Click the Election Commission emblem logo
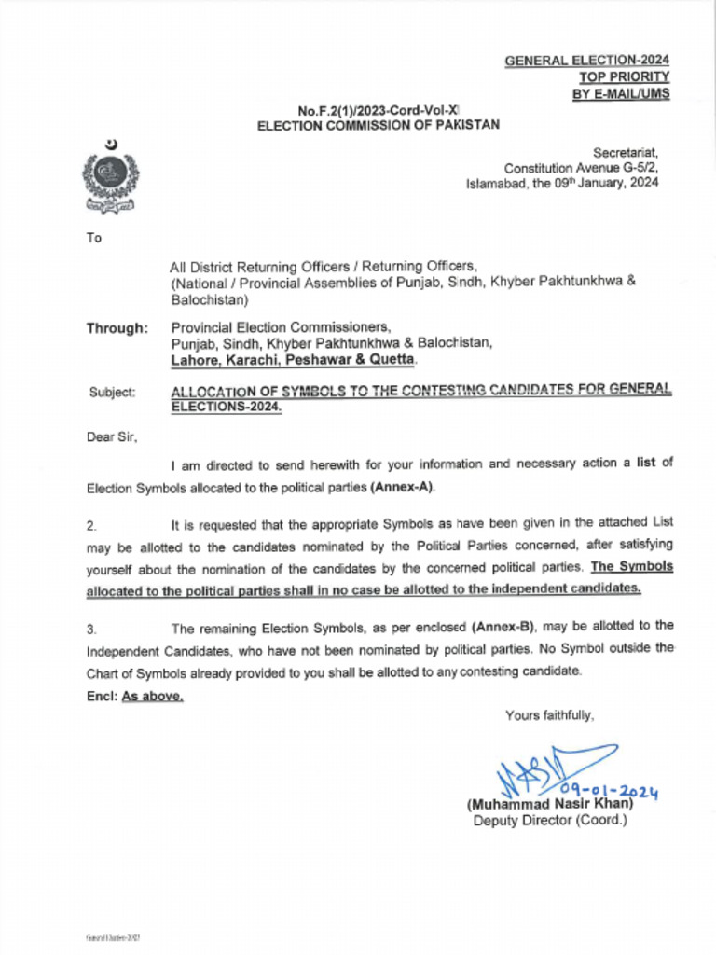tap(110, 176)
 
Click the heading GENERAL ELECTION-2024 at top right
tap(586, 61)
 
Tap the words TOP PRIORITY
tap(624, 77)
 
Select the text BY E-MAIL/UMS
tap(620, 93)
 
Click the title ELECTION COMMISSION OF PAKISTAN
tap(379, 125)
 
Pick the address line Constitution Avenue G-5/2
tap(581, 168)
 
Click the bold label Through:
tap(117, 328)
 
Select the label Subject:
tap(112, 393)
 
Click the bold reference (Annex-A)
tap(402, 488)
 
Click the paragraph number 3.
tap(90, 628)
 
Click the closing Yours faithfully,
tap(549, 715)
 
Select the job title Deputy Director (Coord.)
tap(550, 821)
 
